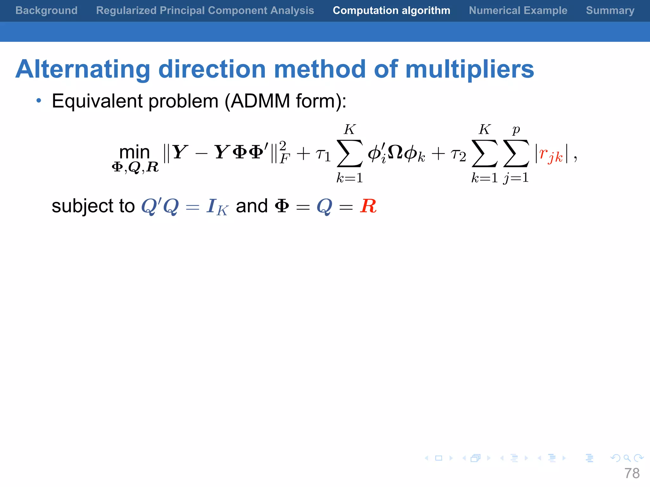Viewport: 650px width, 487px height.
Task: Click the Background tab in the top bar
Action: (x=46, y=10)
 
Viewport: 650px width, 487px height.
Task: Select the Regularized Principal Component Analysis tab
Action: (x=205, y=10)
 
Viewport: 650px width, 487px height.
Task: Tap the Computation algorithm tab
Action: (x=391, y=10)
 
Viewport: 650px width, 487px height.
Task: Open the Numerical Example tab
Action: (x=518, y=10)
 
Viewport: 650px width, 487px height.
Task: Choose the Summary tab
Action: (x=610, y=10)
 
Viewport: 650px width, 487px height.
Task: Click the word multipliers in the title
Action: (x=470, y=69)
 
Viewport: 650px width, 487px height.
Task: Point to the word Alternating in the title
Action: (x=83, y=69)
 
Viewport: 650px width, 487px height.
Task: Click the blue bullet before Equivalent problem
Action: (x=39, y=101)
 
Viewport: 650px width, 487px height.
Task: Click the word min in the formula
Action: (x=134, y=152)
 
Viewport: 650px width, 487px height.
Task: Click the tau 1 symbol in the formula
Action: (x=323, y=155)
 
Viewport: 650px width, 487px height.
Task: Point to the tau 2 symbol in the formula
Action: (x=458, y=155)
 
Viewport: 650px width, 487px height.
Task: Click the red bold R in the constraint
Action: (x=368, y=206)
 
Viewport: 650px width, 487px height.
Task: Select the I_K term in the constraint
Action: (x=217, y=207)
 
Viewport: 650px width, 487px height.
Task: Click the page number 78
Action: (x=632, y=473)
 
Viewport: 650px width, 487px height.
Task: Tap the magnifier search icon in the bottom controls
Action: (x=627, y=458)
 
